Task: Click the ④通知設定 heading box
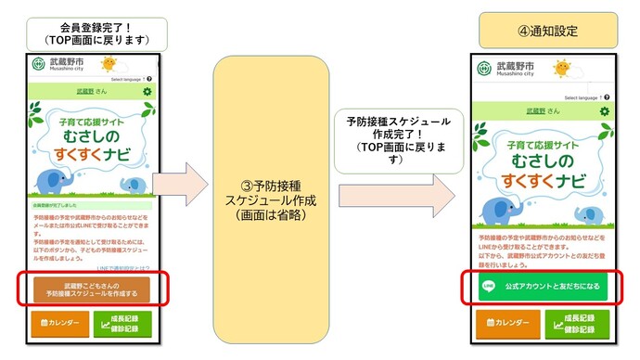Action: point(547,31)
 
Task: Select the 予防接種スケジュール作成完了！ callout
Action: point(397,139)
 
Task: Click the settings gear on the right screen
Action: point(605,111)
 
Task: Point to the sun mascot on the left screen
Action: point(109,64)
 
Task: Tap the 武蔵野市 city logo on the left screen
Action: point(38,64)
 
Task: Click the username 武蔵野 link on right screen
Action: point(535,111)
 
